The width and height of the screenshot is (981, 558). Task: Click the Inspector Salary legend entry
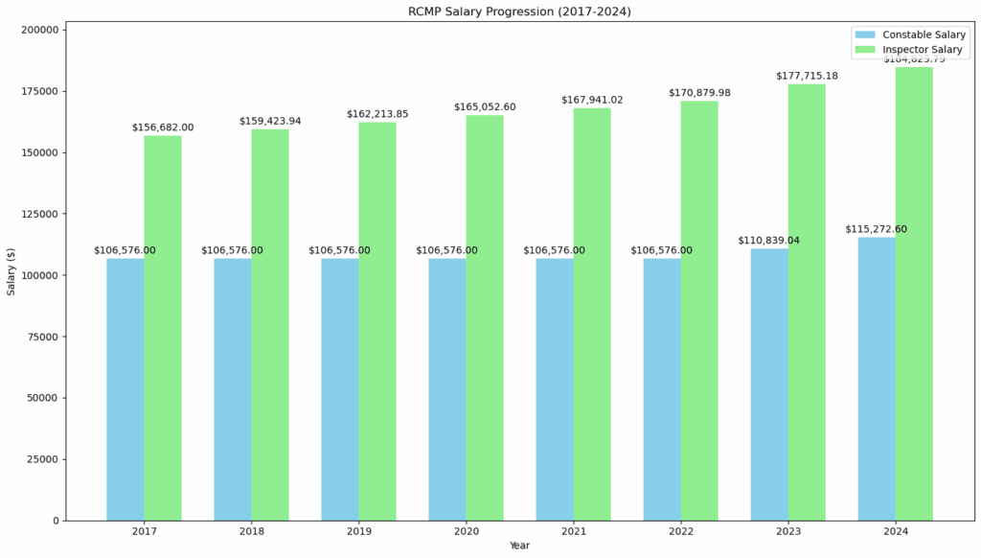pyautogui.click(x=922, y=49)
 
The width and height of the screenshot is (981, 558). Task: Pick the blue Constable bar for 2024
pyautogui.click(x=877, y=379)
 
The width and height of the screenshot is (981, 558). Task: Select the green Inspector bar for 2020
pyautogui.click(x=485, y=317)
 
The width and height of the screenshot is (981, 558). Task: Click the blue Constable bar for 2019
pyautogui.click(x=340, y=389)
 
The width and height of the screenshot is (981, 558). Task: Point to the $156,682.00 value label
pyautogui.click(x=163, y=128)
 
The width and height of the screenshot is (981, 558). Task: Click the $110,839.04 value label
pyautogui.click(x=768, y=241)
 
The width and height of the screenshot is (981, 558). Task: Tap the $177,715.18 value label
pyautogui.click(x=807, y=76)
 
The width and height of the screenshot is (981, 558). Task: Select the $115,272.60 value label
pyautogui.click(x=876, y=230)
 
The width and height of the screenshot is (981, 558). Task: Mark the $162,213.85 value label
pyautogui.click(x=377, y=114)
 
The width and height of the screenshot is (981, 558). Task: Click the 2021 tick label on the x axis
pyautogui.click(x=573, y=531)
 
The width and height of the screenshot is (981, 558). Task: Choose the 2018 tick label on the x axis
pyautogui.click(x=251, y=531)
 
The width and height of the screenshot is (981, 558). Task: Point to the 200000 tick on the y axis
pyautogui.click(x=44, y=30)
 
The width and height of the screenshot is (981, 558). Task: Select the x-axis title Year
pyautogui.click(x=519, y=546)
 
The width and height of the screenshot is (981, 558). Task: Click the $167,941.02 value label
pyautogui.click(x=592, y=100)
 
